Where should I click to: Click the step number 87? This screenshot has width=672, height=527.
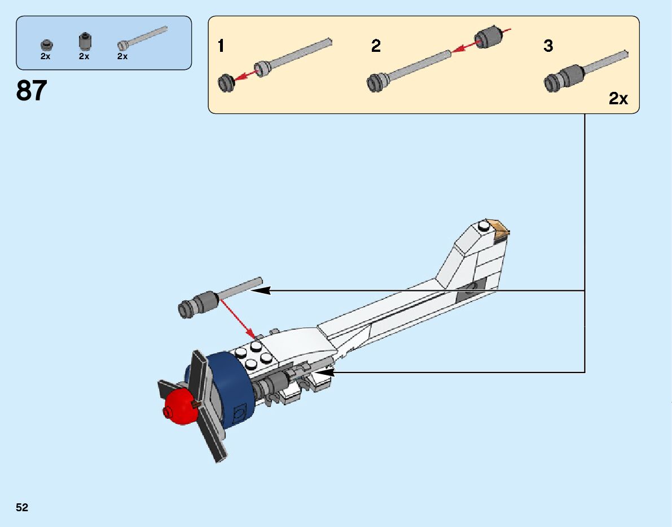(32, 91)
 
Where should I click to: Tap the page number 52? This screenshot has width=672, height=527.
(22, 508)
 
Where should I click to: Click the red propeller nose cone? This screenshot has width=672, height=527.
(179, 405)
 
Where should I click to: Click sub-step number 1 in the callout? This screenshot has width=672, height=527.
(221, 46)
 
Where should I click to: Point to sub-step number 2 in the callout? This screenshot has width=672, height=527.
(376, 46)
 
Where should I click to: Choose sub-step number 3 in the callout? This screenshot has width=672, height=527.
(548, 46)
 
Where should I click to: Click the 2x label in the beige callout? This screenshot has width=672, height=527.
(618, 99)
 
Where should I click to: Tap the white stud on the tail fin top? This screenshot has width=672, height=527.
(483, 226)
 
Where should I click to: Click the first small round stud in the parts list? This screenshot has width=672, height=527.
(45, 45)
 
